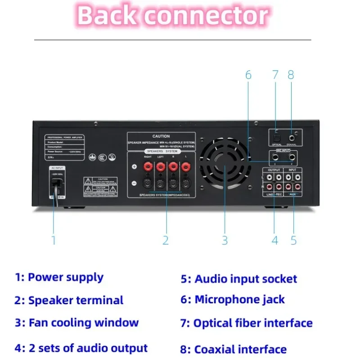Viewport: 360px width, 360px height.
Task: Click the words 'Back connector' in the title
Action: click(173, 16)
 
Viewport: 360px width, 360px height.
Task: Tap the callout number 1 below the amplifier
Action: click(54, 240)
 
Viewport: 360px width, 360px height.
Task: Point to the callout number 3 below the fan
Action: click(225, 240)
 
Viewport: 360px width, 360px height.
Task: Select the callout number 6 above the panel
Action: click(248, 75)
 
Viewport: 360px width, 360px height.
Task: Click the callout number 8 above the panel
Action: click(291, 75)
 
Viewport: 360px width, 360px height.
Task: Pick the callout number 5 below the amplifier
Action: click(293, 240)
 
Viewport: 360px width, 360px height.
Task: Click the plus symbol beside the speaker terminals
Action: click(134, 167)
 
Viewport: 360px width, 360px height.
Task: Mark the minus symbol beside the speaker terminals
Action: click(134, 184)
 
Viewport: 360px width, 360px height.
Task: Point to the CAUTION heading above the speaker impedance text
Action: click(161, 136)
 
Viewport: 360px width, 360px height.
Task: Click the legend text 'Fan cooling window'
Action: click(83, 323)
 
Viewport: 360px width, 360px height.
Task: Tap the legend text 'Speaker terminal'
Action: click(76, 300)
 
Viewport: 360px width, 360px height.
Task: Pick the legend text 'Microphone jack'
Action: click(239, 300)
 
